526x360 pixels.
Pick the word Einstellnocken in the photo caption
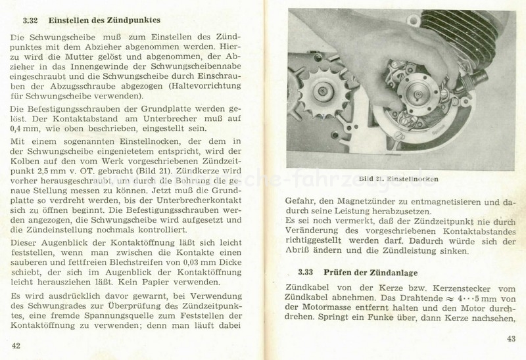[x=412, y=179]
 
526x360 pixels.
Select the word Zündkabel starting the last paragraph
[x=306, y=287]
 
